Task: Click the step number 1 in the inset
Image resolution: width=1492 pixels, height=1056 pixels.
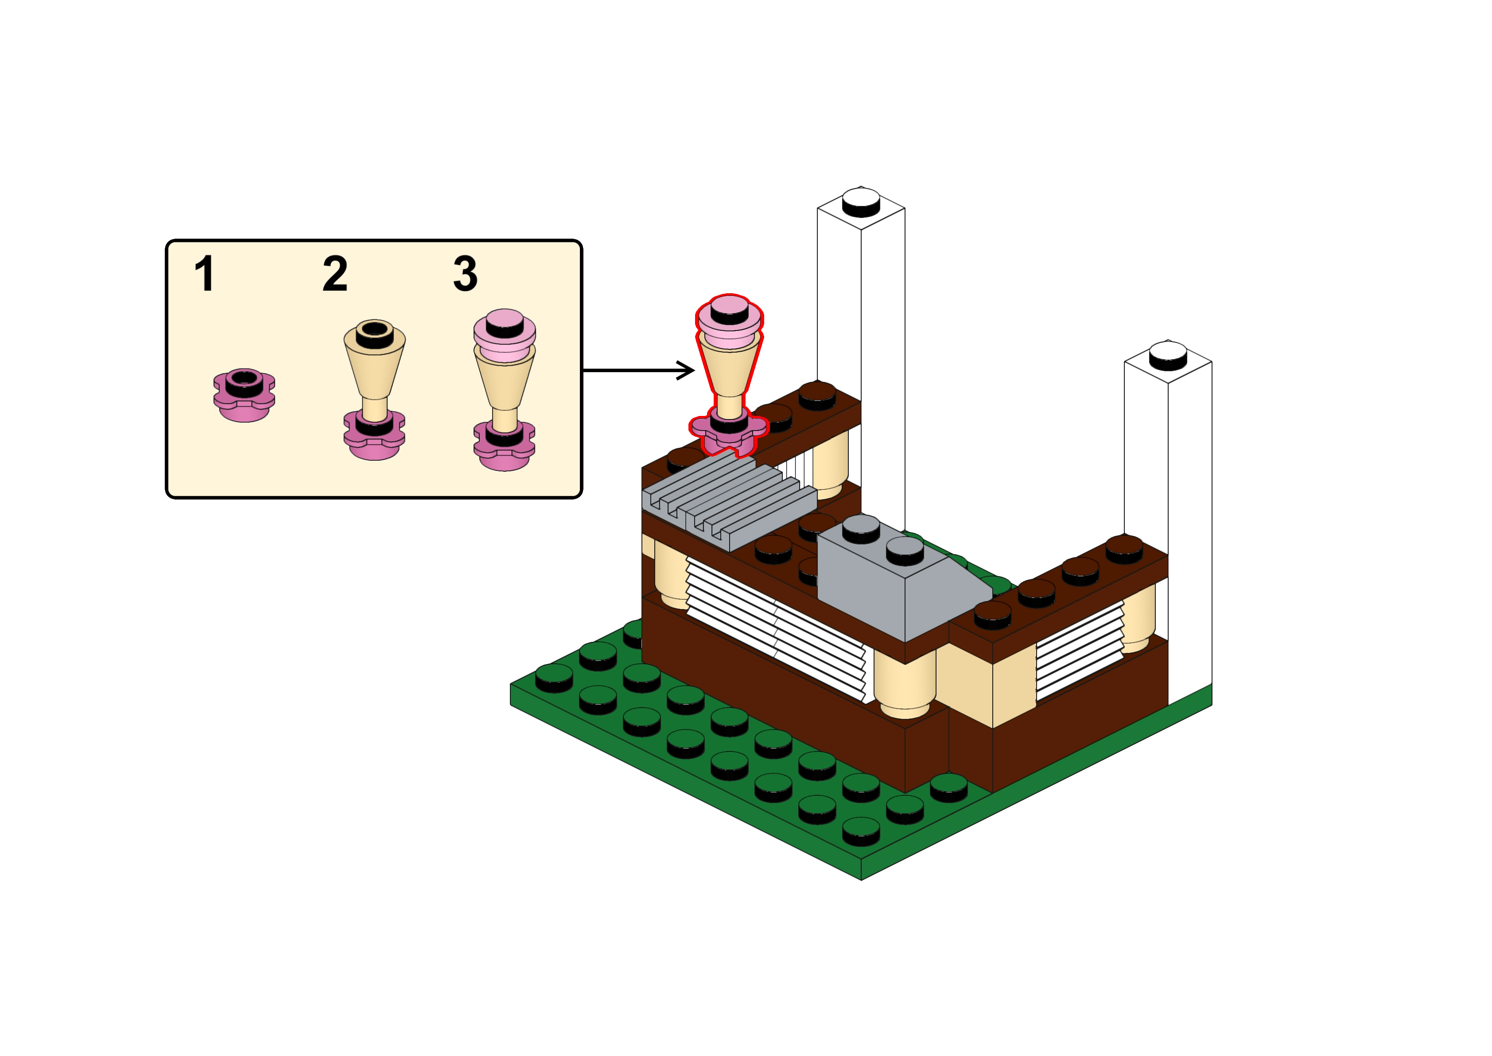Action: click(205, 274)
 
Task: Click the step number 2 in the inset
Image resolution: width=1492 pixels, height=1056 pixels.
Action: click(335, 274)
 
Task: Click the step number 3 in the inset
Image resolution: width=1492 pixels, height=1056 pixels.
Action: click(466, 274)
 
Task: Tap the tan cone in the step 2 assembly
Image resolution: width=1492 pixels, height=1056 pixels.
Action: click(374, 367)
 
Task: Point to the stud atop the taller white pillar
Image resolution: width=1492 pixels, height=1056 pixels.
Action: click(861, 202)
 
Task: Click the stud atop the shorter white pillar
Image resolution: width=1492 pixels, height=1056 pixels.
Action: click(1168, 356)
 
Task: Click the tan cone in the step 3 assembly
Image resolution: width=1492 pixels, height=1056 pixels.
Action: click(505, 384)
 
